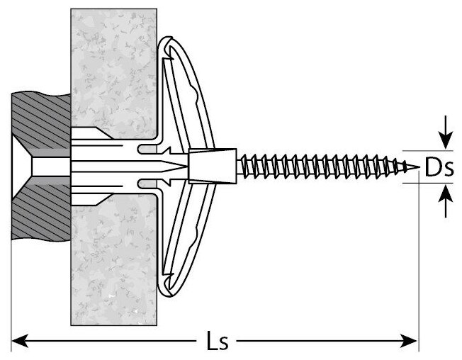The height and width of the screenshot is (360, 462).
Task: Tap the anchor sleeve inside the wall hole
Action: [106, 168]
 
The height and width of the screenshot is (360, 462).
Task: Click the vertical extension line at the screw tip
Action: [418, 269]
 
